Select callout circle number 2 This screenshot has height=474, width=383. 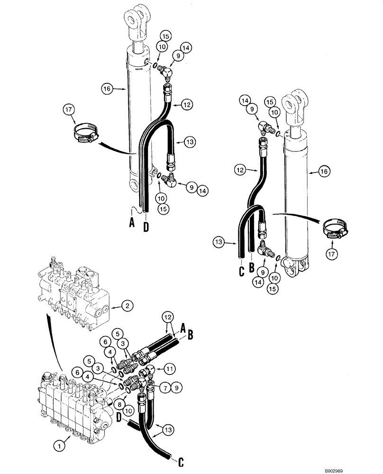tap(127, 307)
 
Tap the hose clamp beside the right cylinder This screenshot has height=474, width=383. tap(335, 229)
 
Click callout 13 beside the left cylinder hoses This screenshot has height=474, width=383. tap(190, 142)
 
